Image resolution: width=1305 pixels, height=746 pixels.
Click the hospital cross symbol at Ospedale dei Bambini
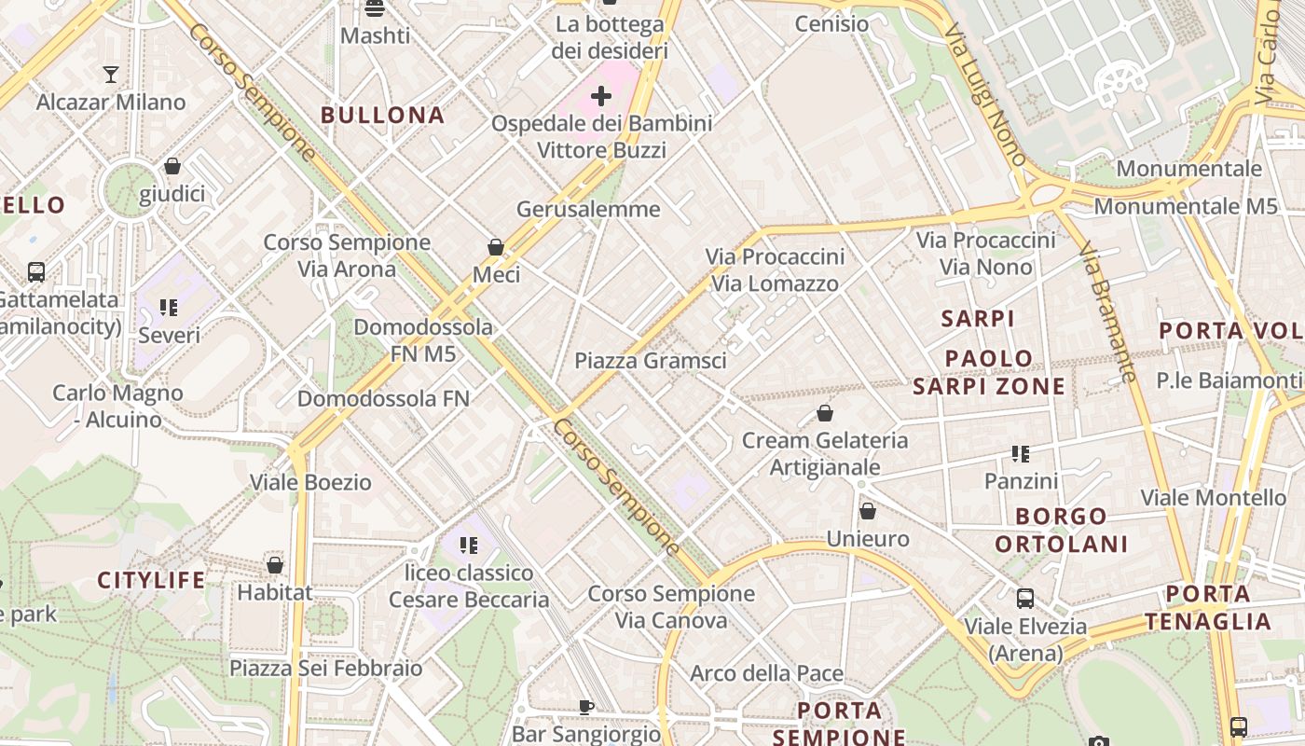click(601, 95)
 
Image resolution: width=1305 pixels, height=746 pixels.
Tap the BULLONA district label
click(382, 116)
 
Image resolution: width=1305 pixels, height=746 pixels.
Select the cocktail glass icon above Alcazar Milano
click(111, 75)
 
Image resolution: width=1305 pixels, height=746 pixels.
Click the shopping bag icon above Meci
click(496, 247)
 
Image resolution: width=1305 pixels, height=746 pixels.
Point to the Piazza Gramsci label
click(650, 361)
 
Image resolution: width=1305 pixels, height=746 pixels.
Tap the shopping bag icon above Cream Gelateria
click(825, 413)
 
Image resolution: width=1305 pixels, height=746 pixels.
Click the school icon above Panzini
click(1021, 454)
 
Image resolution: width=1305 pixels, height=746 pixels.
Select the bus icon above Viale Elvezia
click(1025, 599)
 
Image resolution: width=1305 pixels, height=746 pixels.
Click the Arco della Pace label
click(766, 673)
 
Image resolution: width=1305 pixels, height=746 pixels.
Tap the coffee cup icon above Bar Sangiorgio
click(586, 707)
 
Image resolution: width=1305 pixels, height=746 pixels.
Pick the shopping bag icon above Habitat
click(275, 565)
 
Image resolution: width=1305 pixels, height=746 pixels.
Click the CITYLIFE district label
click(151, 581)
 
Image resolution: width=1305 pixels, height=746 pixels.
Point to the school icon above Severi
click(169, 307)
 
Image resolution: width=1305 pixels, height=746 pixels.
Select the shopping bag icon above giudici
click(172, 167)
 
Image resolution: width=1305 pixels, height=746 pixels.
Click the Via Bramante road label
click(1106, 312)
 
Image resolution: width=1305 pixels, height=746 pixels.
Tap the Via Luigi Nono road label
click(984, 94)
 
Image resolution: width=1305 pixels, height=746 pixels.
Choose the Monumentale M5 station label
click(1186, 207)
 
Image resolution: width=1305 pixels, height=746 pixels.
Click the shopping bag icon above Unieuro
click(868, 511)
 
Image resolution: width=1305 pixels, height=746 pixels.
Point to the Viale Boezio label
click(310, 483)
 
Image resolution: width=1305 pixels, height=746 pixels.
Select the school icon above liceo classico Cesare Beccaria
click(469, 545)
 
